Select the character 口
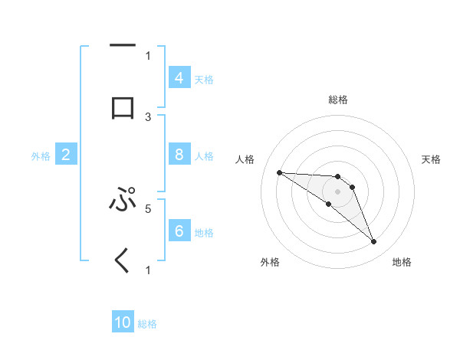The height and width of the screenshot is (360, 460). point(123,109)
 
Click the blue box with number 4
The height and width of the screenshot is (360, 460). point(179,78)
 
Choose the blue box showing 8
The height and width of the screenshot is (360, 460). point(179,155)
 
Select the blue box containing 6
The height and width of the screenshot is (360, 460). point(179,231)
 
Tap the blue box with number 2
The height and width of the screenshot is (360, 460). point(66,155)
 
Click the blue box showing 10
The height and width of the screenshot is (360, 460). point(123,323)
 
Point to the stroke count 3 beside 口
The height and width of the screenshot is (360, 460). point(148,117)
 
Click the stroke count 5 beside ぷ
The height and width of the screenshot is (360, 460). point(148,208)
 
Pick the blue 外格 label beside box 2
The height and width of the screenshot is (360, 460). point(41,156)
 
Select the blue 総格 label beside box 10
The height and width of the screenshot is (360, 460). point(147,324)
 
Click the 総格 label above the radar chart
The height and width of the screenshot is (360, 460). point(338,100)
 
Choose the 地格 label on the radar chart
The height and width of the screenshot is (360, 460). point(402,262)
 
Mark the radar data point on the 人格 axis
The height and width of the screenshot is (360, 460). point(279,172)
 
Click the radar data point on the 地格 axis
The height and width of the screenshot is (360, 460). point(374,242)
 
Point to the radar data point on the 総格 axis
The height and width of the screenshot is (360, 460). point(338,177)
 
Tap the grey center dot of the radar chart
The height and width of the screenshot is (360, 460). point(338,191)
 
